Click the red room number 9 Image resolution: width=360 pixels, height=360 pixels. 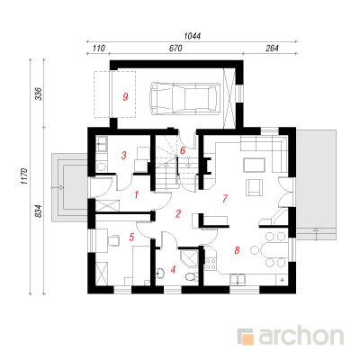pyautogui.click(x=125, y=97)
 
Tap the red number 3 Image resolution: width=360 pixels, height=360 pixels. pyautogui.click(x=123, y=156)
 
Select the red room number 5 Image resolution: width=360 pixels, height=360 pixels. pyautogui.click(x=131, y=238)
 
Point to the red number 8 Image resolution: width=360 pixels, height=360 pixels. pyautogui.click(x=237, y=250)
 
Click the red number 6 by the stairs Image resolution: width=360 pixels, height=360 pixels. pyautogui.click(x=183, y=150)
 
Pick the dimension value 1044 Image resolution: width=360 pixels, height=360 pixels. pyautogui.click(x=193, y=36)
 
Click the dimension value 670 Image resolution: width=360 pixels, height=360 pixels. pyautogui.click(x=175, y=49)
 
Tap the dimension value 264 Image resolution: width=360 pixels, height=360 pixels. pyautogui.click(x=272, y=49)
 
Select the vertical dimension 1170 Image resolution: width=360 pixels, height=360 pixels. pyautogui.click(x=24, y=176)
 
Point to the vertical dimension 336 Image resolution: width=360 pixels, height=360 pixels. pyautogui.click(x=40, y=94)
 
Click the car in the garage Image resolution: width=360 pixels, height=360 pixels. pyautogui.click(x=184, y=98)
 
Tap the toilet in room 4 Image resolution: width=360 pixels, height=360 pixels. pyautogui.click(x=191, y=275)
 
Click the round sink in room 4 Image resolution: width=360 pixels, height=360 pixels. pyautogui.click(x=160, y=273)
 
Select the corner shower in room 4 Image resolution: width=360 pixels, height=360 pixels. pyautogui.click(x=189, y=257)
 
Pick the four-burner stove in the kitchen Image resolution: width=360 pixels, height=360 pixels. pyautogui.click(x=211, y=264)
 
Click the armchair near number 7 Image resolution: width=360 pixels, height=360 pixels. pyautogui.click(x=254, y=187)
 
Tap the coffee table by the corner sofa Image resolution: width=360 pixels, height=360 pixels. pyautogui.click(x=255, y=165)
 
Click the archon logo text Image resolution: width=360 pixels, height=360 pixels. pyautogui.click(x=301, y=337)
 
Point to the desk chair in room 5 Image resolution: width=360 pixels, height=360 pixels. pyautogui.click(x=113, y=240)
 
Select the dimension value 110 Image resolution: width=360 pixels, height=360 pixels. pyautogui.click(x=98, y=49)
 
